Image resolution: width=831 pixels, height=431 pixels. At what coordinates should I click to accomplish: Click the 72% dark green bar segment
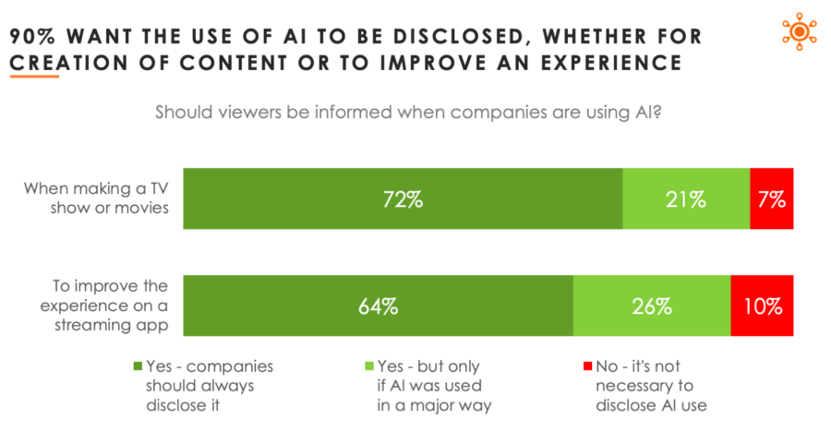coord(403,198)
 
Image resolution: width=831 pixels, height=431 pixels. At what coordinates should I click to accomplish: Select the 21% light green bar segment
coord(686,198)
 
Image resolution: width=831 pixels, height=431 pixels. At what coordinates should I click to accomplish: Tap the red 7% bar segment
coord(772,198)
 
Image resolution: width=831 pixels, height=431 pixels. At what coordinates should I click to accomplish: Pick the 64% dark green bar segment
coord(379,305)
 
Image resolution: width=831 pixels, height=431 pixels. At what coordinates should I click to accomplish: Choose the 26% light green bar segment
coord(652,305)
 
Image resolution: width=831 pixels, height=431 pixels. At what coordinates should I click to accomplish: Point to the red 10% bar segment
coord(762,305)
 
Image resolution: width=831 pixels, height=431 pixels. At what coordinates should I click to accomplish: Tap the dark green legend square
coord(138,365)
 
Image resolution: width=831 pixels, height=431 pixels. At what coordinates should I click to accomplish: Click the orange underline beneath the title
coord(35,77)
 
